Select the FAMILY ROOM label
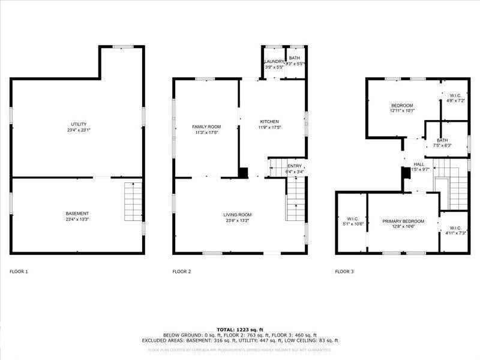pyautogui.click(x=206, y=127)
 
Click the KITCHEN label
pyautogui.click(x=269, y=121)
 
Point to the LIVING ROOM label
pyautogui.click(x=238, y=215)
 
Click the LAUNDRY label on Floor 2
pyautogui.click(x=274, y=62)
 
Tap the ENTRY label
pyautogui.click(x=295, y=166)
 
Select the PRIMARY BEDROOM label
pyautogui.click(x=403, y=221)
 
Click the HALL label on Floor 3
pyautogui.click(x=419, y=164)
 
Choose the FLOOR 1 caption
pyautogui.click(x=19, y=272)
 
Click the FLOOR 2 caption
pyautogui.click(x=182, y=272)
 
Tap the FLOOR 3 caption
pyautogui.click(x=344, y=272)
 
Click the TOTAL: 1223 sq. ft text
pyautogui.click(x=239, y=329)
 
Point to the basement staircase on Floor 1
pyautogui.click(x=133, y=202)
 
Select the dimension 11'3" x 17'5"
pyautogui.click(x=206, y=132)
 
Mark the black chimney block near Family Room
pyautogui.click(x=243, y=173)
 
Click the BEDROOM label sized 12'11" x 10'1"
pyautogui.click(x=402, y=105)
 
